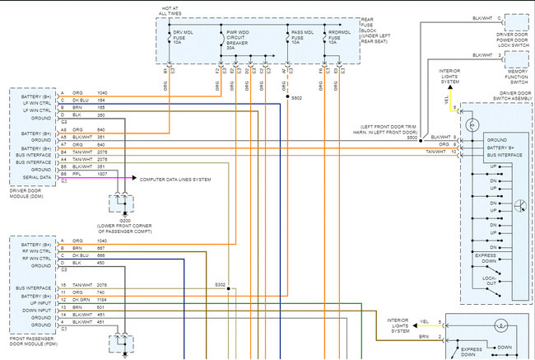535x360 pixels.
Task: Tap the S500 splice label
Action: (412, 137)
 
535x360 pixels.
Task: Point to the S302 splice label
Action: (221, 285)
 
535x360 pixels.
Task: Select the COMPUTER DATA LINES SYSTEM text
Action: (175, 179)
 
